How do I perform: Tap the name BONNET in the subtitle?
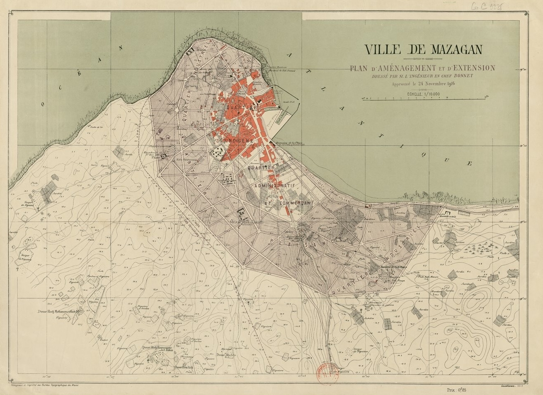tap(461, 76)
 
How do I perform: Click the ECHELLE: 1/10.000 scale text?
tap(423, 94)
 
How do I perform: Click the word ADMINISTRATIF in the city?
tap(275, 185)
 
